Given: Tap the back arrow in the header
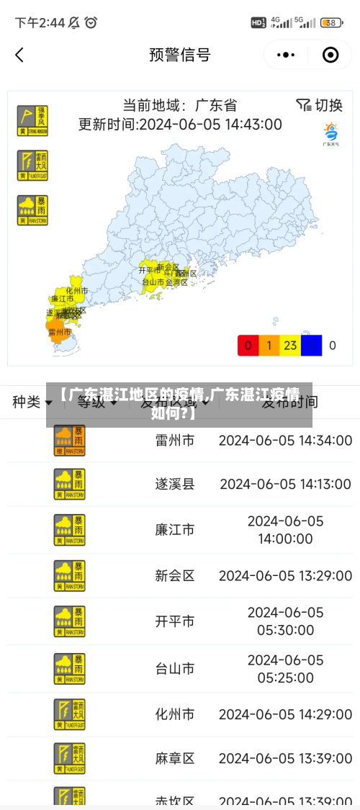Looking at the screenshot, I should click(19, 55).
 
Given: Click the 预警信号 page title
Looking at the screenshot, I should click(179, 55).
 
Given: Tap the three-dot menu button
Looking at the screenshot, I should click(286, 55).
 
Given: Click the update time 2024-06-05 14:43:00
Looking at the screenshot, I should click(180, 124).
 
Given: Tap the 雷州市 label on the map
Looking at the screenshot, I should click(60, 333).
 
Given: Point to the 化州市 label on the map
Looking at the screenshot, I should click(77, 291).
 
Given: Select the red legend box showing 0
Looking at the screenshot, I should click(248, 346).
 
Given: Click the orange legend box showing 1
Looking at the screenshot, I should click(269, 346).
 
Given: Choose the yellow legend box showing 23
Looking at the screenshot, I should click(290, 346).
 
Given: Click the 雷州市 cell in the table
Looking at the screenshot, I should click(175, 440).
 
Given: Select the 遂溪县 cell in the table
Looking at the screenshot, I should click(175, 484).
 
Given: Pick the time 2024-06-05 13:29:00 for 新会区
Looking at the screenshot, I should click(286, 575).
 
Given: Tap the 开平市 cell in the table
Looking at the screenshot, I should click(175, 621).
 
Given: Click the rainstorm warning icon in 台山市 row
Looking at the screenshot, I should click(69, 668).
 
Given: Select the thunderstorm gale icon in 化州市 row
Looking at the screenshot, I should click(69, 714).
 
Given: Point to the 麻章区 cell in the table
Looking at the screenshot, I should click(175, 758).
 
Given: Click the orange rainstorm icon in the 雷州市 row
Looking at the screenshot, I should click(69, 440).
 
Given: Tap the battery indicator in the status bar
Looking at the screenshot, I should click(331, 23).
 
